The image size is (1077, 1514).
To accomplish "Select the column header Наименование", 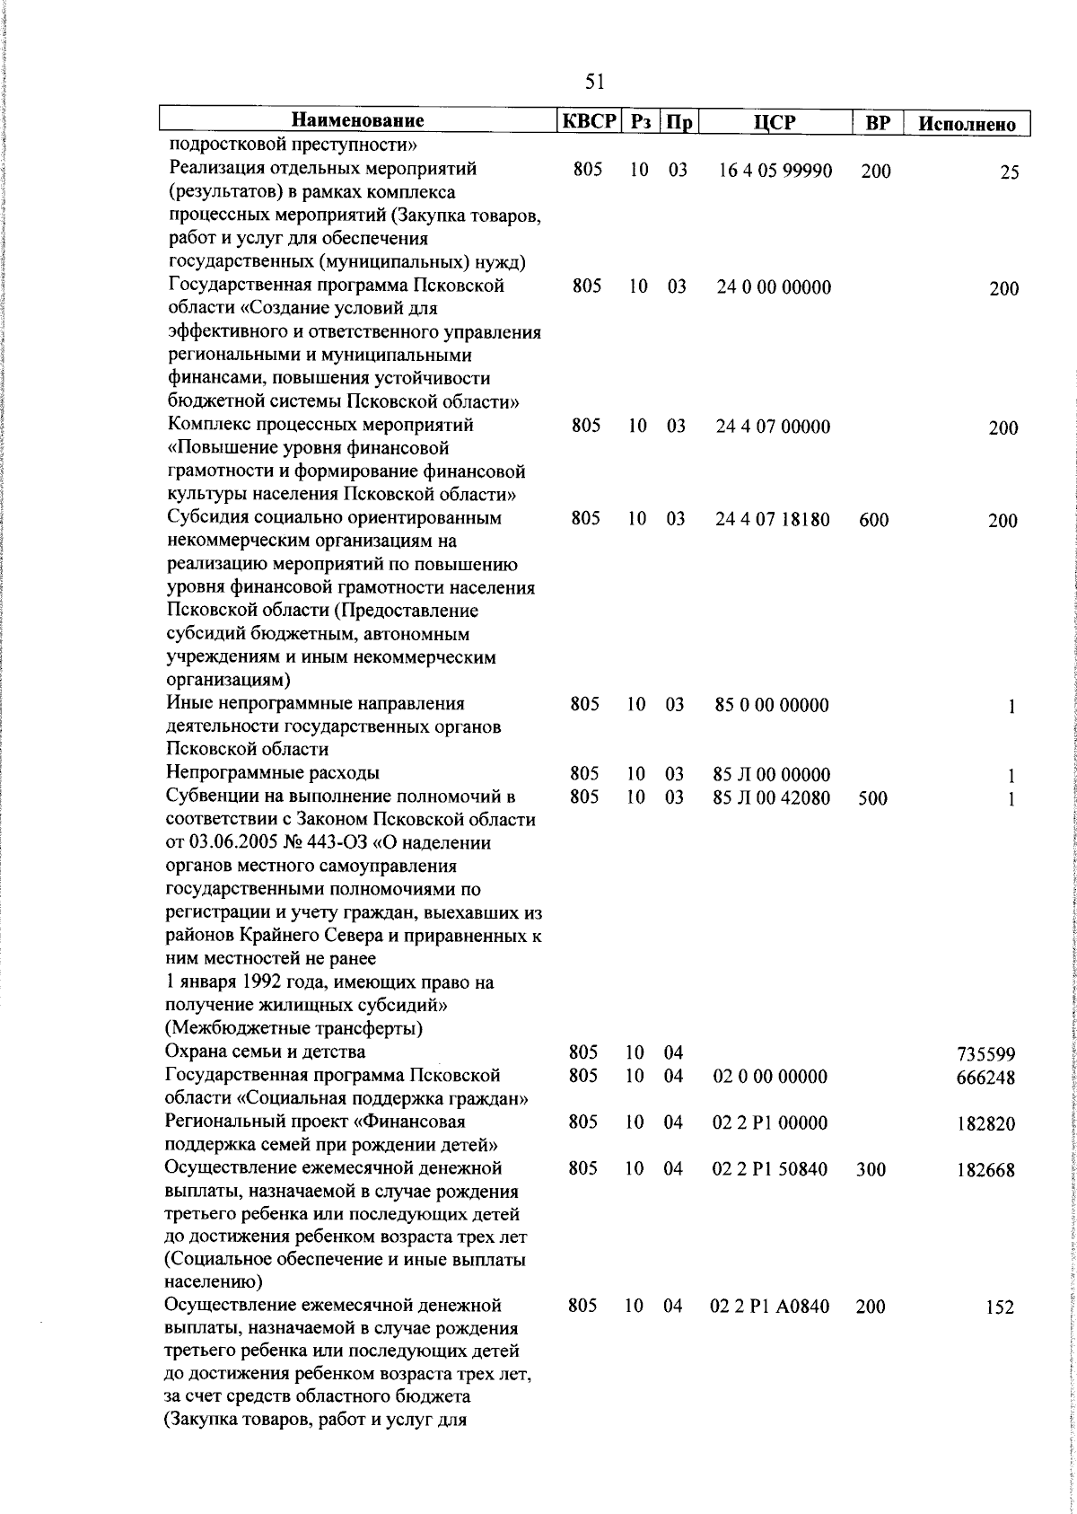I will pyautogui.click(x=358, y=121).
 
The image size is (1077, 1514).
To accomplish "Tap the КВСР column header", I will pyautogui.click(x=588, y=121).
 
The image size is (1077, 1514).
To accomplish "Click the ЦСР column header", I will pyautogui.click(x=775, y=122).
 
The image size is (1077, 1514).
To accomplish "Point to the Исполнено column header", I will pyautogui.click(x=967, y=124).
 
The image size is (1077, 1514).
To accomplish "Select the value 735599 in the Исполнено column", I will pyautogui.click(x=986, y=1054).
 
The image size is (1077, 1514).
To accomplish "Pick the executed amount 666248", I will pyautogui.click(x=986, y=1078).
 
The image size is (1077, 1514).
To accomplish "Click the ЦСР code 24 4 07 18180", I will pyautogui.click(x=773, y=519).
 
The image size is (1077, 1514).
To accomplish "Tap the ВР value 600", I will pyautogui.click(x=873, y=520).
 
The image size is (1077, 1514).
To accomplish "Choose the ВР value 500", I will pyautogui.click(x=872, y=797).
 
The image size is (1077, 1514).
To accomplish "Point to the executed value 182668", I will pyautogui.click(x=986, y=1171).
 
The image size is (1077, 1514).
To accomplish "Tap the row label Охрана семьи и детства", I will pyautogui.click(x=266, y=1052).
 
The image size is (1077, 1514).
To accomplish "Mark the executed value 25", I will pyautogui.click(x=1009, y=173).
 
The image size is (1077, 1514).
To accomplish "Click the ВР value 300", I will pyautogui.click(x=871, y=1170).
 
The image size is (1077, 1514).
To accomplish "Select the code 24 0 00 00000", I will pyautogui.click(x=774, y=287).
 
